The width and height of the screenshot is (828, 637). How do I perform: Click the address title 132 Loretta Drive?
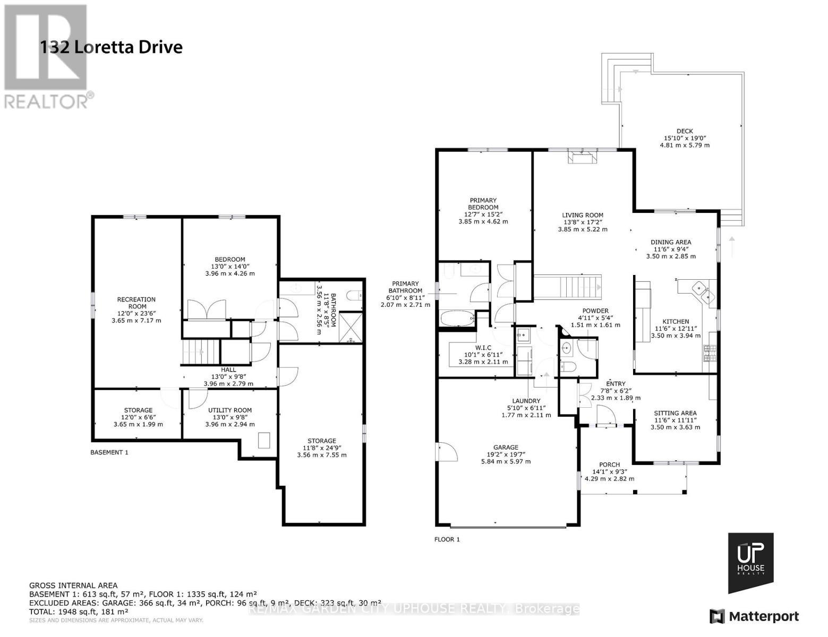pyautogui.click(x=111, y=47)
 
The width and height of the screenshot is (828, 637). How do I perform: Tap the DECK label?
pyautogui.click(x=684, y=131)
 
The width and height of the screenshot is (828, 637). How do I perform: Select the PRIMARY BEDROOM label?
pyautogui.click(x=483, y=204)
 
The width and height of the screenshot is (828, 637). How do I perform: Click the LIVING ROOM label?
pyautogui.click(x=583, y=215)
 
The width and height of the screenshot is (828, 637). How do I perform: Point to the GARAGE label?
pyautogui.click(x=505, y=447)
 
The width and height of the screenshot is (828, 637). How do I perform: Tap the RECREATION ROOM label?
pyautogui.click(x=136, y=303)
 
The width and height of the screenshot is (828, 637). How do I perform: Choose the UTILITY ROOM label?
pyautogui.click(x=229, y=410)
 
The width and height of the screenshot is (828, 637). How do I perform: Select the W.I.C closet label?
pyautogui.click(x=483, y=348)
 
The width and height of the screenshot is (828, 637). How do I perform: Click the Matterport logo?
pyautogui.click(x=754, y=616)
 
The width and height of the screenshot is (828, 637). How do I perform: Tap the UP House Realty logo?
pyautogui.click(x=750, y=563)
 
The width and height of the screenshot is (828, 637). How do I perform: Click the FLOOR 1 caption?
pyautogui.click(x=447, y=539)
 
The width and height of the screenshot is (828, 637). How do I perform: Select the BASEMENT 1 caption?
pyautogui.click(x=109, y=452)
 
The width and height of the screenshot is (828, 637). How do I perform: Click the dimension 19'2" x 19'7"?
pyautogui.click(x=505, y=454)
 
